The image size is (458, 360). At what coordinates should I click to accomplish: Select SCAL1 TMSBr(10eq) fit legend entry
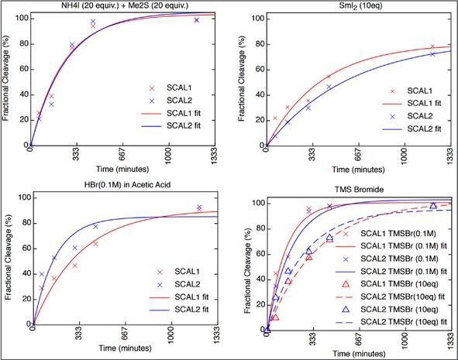(x=403, y=296)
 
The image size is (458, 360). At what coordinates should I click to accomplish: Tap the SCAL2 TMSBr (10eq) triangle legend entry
(x=403, y=308)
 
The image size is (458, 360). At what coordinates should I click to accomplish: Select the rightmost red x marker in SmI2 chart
(x=432, y=47)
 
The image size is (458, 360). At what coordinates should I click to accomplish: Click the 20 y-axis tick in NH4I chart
(x=21, y=119)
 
